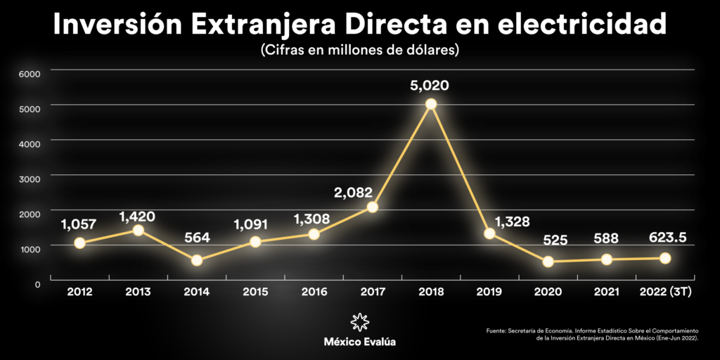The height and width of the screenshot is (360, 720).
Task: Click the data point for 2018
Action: (x=431, y=104)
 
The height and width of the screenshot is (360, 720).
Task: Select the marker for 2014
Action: (x=197, y=260)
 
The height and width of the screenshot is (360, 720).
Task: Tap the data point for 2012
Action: (x=79, y=243)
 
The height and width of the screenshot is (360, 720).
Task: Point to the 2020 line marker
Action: (x=548, y=262)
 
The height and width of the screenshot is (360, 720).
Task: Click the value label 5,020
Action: (x=430, y=86)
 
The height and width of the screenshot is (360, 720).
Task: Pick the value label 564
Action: (x=197, y=238)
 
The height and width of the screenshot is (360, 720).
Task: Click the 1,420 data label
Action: (x=137, y=216)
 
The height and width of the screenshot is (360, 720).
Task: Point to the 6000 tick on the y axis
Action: (x=31, y=72)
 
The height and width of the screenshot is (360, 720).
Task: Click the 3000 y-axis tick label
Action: (x=31, y=177)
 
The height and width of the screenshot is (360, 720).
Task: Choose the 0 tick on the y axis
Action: (x=37, y=283)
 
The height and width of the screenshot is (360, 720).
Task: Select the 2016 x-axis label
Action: (x=314, y=292)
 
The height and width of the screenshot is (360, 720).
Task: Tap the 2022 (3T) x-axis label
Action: (x=664, y=292)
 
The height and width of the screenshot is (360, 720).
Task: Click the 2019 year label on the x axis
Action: (x=489, y=292)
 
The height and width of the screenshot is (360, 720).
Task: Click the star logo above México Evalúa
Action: (x=359, y=322)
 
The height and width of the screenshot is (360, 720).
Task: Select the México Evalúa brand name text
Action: (x=359, y=342)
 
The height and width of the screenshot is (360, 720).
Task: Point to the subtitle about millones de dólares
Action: (x=359, y=51)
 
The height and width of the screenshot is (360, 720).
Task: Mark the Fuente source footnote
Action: (x=598, y=334)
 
